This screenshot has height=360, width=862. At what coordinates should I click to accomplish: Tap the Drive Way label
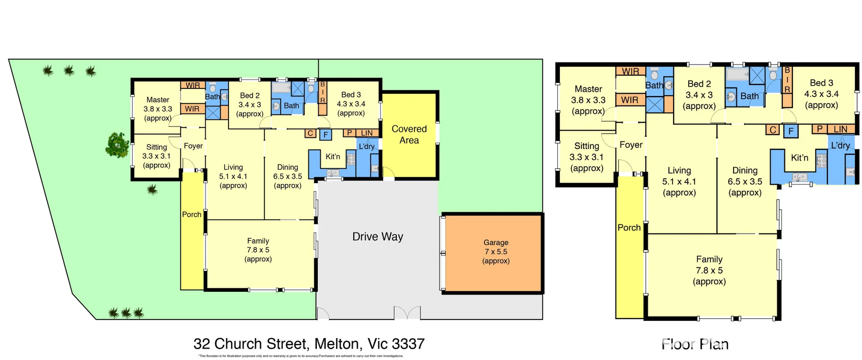(x=378, y=237)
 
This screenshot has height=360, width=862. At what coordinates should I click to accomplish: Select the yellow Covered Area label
(x=409, y=134)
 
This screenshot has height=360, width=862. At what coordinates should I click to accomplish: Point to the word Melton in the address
(x=337, y=344)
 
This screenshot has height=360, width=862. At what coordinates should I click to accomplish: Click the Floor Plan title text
(x=695, y=344)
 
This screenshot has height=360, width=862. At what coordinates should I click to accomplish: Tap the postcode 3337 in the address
(x=408, y=344)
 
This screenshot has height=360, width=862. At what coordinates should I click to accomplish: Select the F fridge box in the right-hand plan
(x=791, y=131)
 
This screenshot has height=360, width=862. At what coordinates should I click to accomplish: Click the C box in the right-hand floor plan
(x=773, y=130)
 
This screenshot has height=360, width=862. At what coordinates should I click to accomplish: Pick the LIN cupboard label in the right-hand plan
(x=840, y=129)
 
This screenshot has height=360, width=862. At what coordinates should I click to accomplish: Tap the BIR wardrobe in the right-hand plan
(x=787, y=86)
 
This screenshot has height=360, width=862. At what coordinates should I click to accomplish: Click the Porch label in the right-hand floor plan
(x=629, y=228)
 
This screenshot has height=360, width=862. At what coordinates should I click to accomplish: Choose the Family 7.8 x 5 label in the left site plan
(x=258, y=250)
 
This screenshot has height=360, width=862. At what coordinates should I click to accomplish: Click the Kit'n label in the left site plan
(x=333, y=157)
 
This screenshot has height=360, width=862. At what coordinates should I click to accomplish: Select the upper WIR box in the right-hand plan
(x=630, y=71)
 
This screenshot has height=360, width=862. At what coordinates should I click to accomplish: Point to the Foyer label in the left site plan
(x=193, y=146)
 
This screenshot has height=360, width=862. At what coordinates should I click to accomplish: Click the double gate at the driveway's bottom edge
(x=407, y=313)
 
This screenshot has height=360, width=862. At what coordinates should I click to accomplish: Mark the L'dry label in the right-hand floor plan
(x=840, y=145)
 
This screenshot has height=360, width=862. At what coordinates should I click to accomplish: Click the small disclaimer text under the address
(x=301, y=356)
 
